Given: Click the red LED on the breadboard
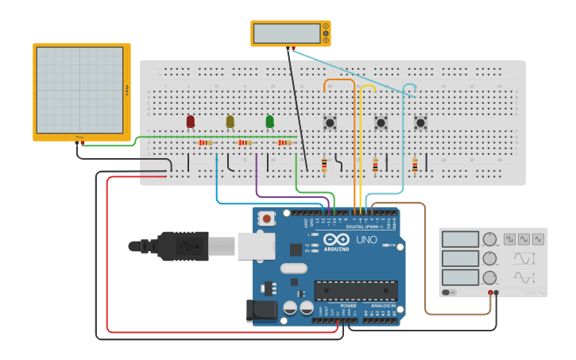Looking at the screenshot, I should tap(190, 122).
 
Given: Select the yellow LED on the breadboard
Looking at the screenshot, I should tap(230, 122).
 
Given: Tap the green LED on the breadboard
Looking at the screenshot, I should tap(269, 122).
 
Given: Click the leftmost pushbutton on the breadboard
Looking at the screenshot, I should tap(330, 122).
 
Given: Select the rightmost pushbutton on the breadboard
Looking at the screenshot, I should tap(420, 122).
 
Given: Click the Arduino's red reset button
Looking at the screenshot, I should tap(267, 218).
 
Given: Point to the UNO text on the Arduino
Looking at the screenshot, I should tap(366, 239).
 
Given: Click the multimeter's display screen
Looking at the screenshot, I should tap(286, 33).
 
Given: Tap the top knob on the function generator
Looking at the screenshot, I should tap(489, 239).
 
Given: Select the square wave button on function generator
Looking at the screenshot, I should tap(509, 238).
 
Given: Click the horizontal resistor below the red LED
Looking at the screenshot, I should tap(205, 143).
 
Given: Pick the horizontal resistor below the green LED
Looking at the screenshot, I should tap(285, 143).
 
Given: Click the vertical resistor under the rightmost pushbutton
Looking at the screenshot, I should tap(415, 165).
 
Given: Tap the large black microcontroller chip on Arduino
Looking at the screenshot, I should tap(355, 291).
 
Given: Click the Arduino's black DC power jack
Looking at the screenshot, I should tap(261, 311).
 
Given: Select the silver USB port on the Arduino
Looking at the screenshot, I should tap(255, 246).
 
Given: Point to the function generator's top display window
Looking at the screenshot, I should tap(460, 239).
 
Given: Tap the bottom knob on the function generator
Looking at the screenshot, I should tap(489, 277).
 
